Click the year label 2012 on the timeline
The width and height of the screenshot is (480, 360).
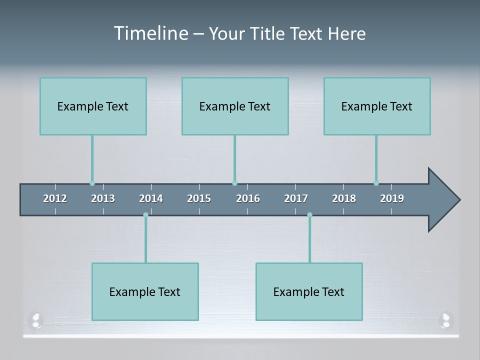pyautogui.click(x=55, y=198)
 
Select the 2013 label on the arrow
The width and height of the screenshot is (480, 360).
pyautogui.click(x=103, y=198)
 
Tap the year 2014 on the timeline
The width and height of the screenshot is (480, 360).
pyautogui.click(x=151, y=198)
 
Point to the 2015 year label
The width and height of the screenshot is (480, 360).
pyautogui.click(x=199, y=198)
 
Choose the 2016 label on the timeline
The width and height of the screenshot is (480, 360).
pyautogui.click(x=248, y=198)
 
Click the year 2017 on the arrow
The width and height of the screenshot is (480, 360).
pyautogui.click(x=296, y=198)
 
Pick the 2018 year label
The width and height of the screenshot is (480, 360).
pyautogui.click(x=344, y=198)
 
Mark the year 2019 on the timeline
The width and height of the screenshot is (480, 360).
pyautogui.click(x=392, y=198)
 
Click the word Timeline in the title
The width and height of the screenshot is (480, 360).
pyautogui.click(x=150, y=33)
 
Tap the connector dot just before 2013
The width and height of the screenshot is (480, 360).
pyautogui.click(x=92, y=183)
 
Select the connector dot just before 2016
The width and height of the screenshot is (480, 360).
pyautogui.click(x=234, y=183)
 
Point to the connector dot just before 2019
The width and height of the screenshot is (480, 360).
pyautogui.click(x=376, y=183)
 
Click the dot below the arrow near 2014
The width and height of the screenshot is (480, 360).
pyautogui.click(x=145, y=215)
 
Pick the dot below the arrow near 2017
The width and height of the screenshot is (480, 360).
pyautogui.click(x=309, y=215)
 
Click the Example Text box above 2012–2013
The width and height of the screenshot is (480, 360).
pyautogui.click(x=93, y=106)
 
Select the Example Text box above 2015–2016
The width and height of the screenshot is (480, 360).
pyautogui.click(x=235, y=106)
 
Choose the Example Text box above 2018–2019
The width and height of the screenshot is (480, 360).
pyautogui.click(x=377, y=106)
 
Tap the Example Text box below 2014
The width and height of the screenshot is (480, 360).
pyautogui.click(x=145, y=291)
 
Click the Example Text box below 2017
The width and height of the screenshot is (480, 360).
pyautogui.click(x=309, y=291)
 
